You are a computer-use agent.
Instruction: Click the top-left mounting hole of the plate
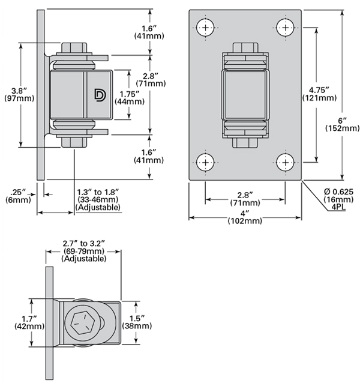pyautogui.click(x=206, y=28)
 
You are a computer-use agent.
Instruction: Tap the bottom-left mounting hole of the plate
pyautogui.click(x=206, y=161)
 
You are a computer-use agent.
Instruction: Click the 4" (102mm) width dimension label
pyautogui.click(x=245, y=217)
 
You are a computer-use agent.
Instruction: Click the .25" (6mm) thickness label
pyautogui.click(x=17, y=196)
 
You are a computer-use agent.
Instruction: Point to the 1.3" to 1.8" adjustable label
pyautogui.click(x=98, y=199)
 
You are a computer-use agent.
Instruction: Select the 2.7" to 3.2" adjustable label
pyautogui.click(x=84, y=250)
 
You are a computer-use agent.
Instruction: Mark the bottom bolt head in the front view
pyautogui.click(x=245, y=143)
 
